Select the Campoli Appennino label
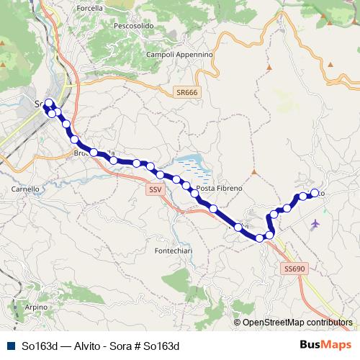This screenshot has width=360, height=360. (x=179, y=54)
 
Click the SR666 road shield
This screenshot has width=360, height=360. (x=186, y=93)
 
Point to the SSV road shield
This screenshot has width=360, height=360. (x=154, y=189)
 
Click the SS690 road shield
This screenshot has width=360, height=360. (x=294, y=268)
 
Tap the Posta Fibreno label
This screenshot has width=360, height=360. (x=220, y=188)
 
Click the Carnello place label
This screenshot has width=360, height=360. (x=24, y=189)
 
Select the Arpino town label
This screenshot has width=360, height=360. (x=36, y=307)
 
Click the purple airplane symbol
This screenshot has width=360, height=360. (x=315, y=224)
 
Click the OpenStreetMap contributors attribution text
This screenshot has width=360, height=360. (x=297, y=322)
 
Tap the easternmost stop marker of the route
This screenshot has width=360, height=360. (x=314, y=193)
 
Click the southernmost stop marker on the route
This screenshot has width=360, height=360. (x=260, y=238)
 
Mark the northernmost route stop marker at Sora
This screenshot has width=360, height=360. (x=49, y=102)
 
